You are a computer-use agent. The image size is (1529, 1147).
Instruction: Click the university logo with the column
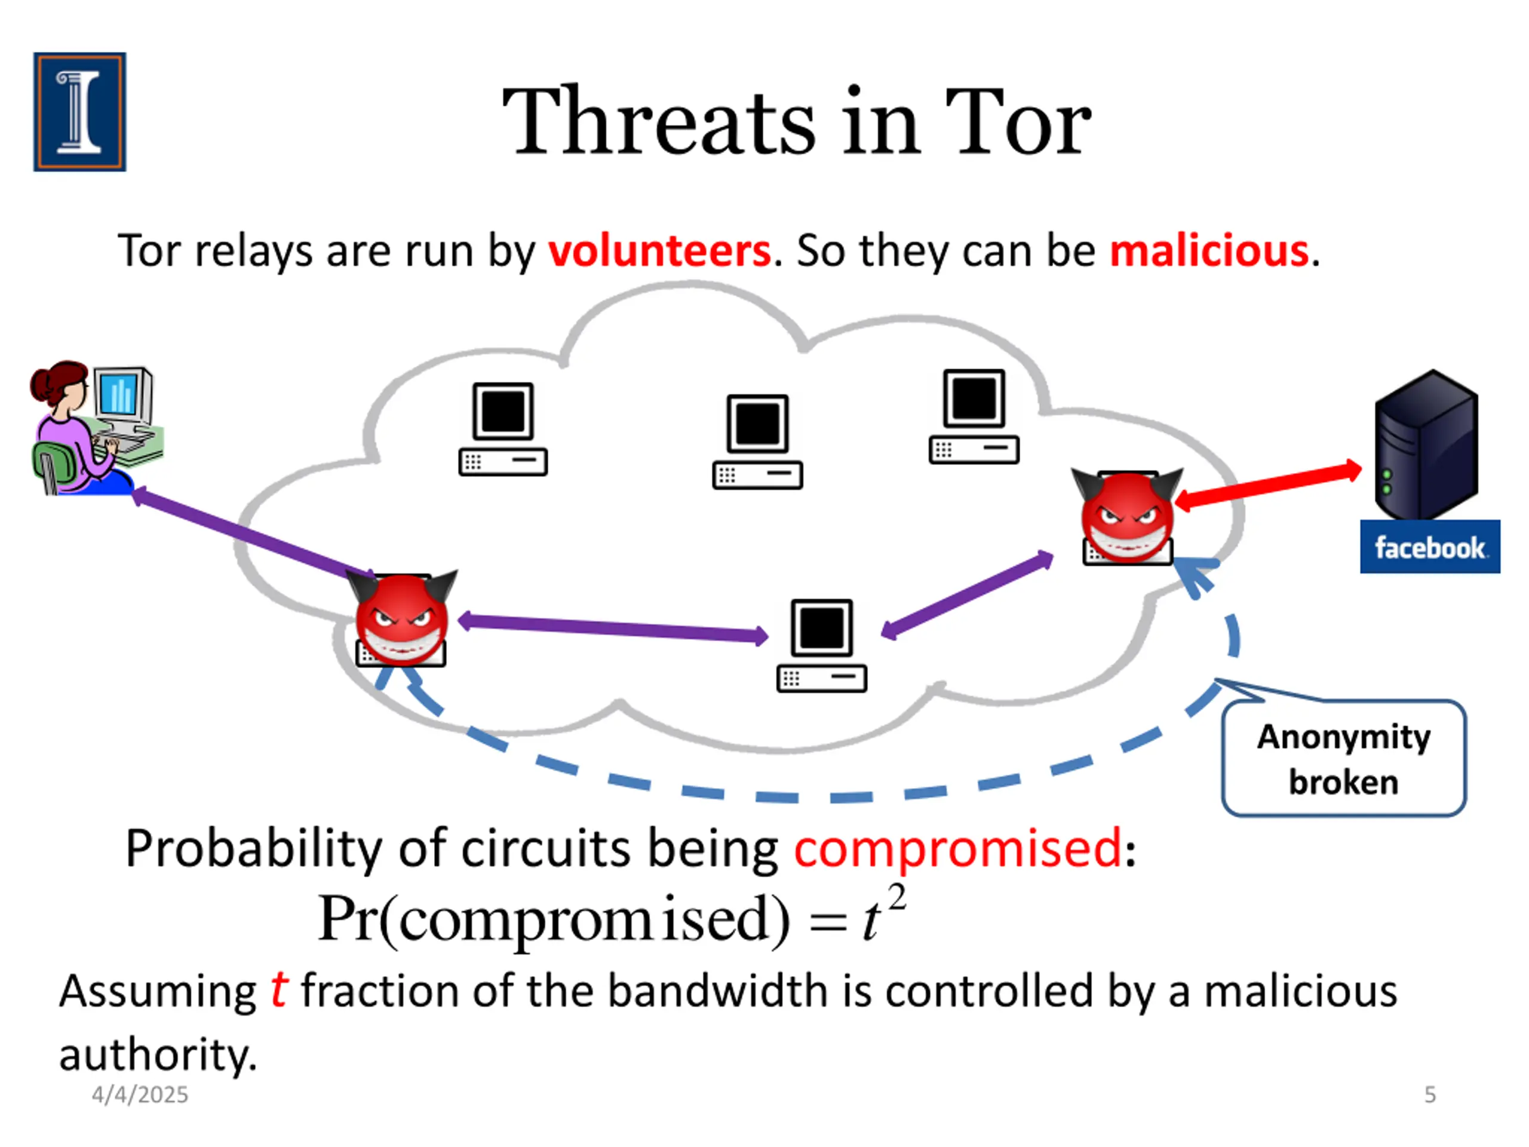click(79, 112)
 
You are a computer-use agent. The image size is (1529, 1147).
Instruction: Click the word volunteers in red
click(659, 250)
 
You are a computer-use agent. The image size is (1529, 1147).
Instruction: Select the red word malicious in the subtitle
click(1209, 250)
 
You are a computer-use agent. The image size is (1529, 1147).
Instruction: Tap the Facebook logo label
click(1429, 547)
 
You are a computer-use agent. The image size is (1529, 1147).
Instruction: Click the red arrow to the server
click(1269, 486)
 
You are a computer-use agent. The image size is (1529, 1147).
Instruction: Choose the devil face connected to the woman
click(403, 617)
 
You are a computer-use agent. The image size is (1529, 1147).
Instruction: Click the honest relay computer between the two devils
click(821, 645)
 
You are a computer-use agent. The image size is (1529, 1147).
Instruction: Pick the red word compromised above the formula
click(957, 848)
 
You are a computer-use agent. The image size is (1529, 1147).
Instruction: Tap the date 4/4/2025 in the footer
click(140, 1094)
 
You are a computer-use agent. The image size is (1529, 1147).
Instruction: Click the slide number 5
click(1430, 1094)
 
